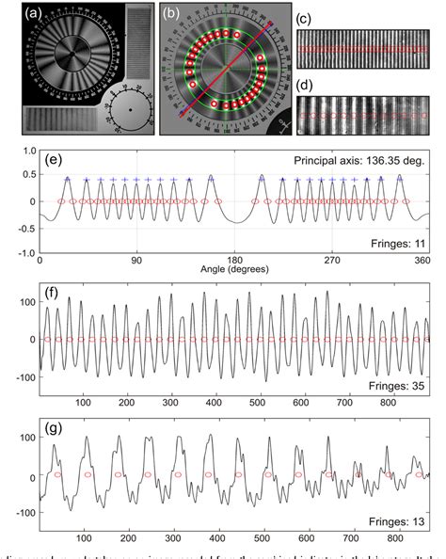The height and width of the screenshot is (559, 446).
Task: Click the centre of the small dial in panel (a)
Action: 130,112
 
